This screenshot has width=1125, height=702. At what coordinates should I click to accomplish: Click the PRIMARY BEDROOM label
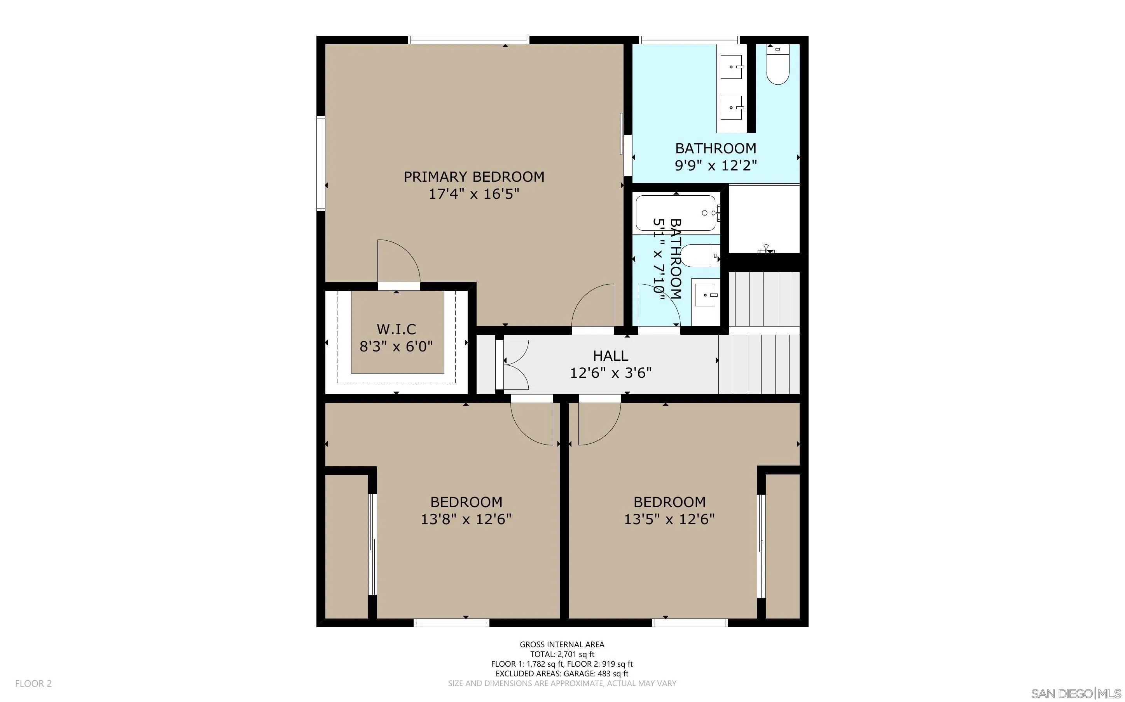point(473,177)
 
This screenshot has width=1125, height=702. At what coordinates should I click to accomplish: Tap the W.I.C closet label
point(397,329)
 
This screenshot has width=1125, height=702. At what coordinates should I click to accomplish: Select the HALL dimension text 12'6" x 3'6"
point(611,373)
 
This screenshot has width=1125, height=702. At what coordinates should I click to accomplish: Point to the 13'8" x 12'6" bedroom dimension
point(466,519)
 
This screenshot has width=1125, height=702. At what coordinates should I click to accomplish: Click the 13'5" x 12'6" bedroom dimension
point(669,519)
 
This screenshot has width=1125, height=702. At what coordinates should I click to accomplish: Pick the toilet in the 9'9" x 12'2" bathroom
point(777,64)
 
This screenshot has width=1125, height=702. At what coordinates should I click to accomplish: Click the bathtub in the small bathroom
point(676,213)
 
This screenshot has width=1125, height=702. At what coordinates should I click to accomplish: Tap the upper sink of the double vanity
point(732,67)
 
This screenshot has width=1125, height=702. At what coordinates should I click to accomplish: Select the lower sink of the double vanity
point(732,108)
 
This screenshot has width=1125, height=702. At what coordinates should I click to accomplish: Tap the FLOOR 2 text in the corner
point(33,683)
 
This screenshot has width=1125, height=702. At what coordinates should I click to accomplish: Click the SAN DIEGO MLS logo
point(1075,693)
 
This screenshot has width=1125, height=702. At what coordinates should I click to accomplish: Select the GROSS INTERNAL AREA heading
point(562,645)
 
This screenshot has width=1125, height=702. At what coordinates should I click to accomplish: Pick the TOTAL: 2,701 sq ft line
point(562,654)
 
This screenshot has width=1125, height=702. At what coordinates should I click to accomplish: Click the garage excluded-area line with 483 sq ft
point(562,674)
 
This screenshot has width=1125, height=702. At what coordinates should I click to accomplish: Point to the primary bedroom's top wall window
point(468,40)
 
